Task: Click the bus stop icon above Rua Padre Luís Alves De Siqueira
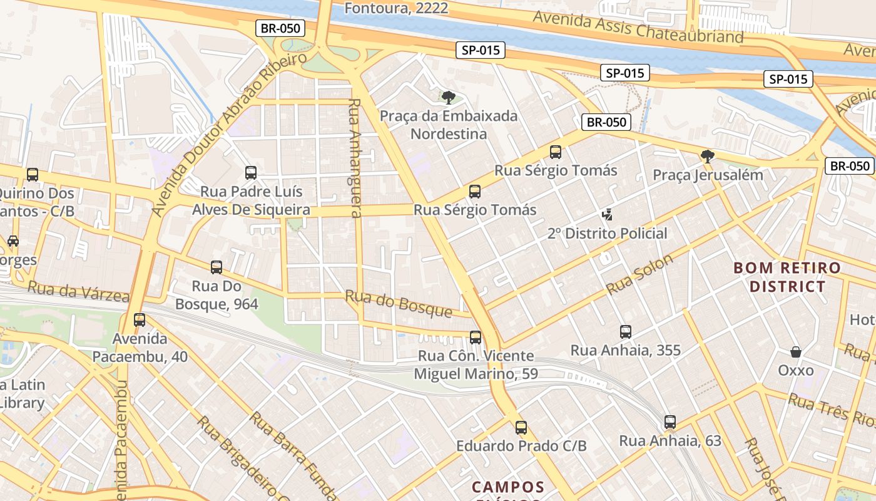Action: (x=251, y=172)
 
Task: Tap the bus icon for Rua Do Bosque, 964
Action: (x=216, y=267)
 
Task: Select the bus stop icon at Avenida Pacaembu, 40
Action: (x=140, y=319)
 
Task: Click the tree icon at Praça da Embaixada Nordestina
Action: (x=448, y=97)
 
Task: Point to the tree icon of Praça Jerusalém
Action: (x=708, y=157)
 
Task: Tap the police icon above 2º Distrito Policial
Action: (x=606, y=215)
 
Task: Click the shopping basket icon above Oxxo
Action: (x=796, y=352)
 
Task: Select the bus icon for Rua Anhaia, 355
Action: (x=626, y=332)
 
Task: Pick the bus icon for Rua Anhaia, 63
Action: (x=670, y=422)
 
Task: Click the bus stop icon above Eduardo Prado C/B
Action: (x=521, y=428)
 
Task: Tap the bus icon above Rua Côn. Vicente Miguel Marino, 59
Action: (x=476, y=338)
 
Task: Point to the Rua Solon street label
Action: (x=639, y=275)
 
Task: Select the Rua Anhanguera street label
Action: (x=355, y=158)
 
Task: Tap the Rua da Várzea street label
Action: (x=78, y=292)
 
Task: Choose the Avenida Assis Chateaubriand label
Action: (x=638, y=28)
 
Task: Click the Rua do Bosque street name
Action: (x=399, y=303)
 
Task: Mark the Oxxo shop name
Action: (x=796, y=370)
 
